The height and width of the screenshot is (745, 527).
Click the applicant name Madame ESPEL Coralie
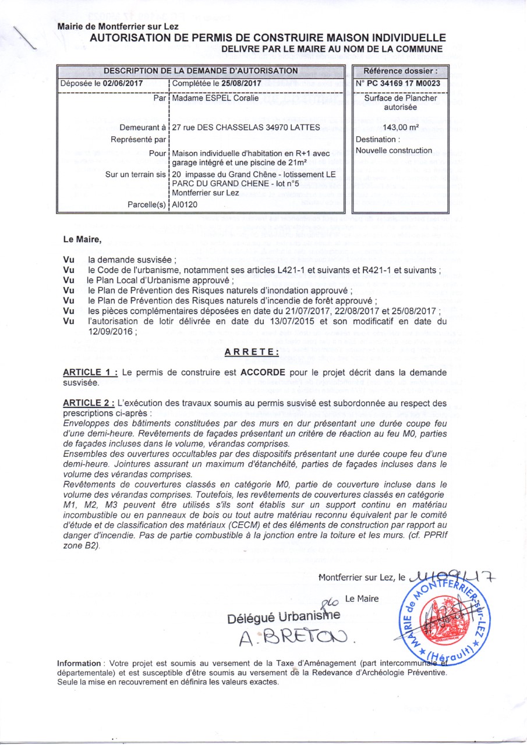[213, 98]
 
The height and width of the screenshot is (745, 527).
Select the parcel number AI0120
[186, 205]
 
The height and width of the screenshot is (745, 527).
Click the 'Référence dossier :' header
[400, 70]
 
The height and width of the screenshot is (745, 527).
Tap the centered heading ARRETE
[252, 352]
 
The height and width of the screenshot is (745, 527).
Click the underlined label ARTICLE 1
[90, 372]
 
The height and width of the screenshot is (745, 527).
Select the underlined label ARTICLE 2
[90, 402]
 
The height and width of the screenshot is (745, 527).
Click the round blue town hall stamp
[440, 620]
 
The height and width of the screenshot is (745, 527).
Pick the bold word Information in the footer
[79, 663]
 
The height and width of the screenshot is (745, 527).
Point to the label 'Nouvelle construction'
[394, 151]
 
